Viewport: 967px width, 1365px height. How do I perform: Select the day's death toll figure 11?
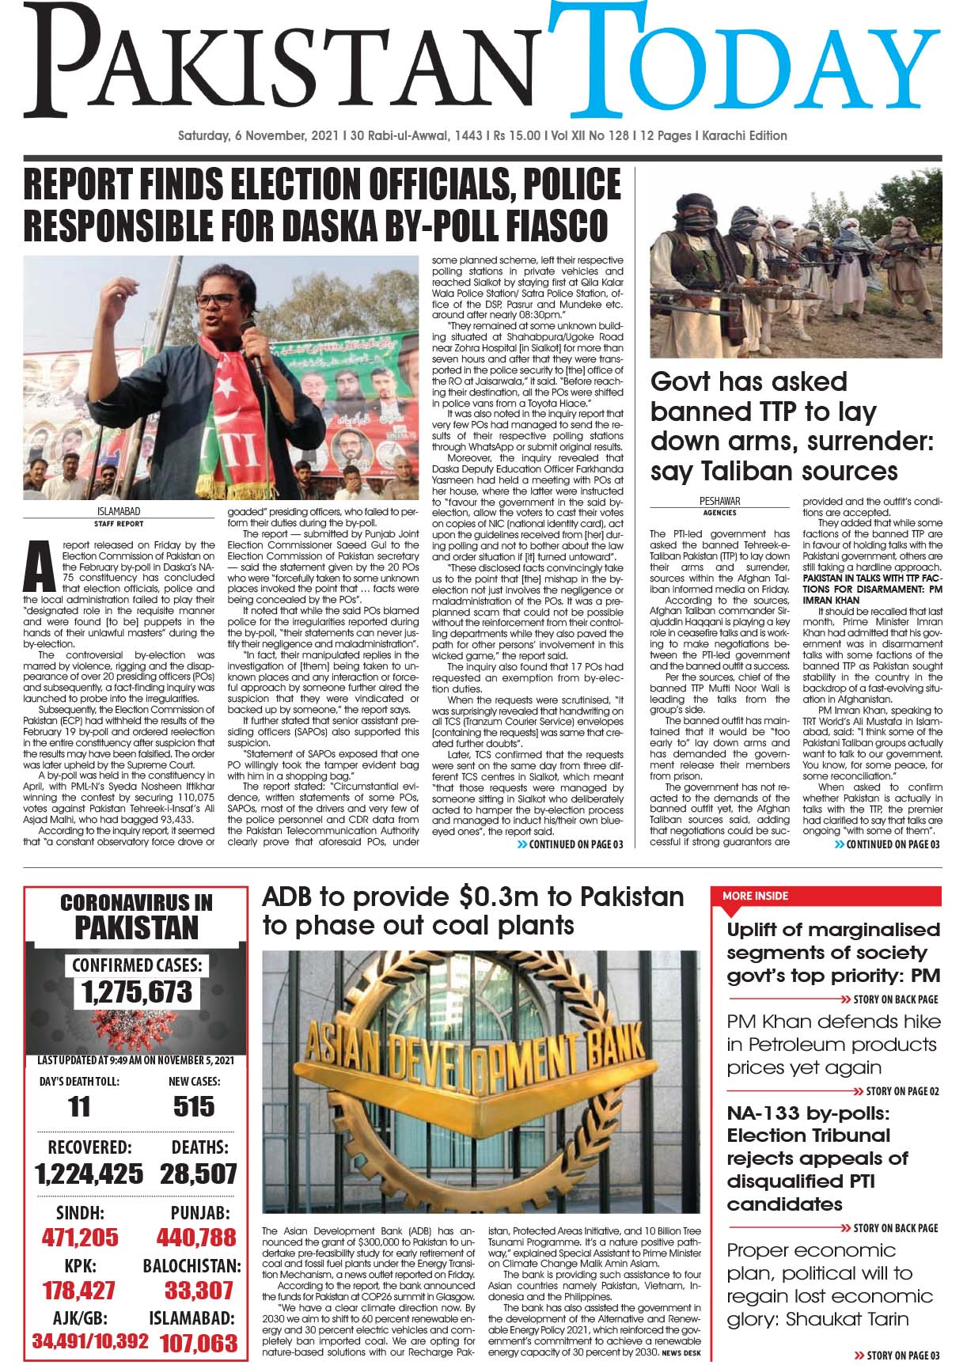(x=79, y=1106)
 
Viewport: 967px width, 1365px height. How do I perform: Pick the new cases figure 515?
(x=194, y=1106)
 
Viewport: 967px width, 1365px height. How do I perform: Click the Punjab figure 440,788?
(x=196, y=1238)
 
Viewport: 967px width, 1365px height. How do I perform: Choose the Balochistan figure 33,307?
(x=199, y=1291)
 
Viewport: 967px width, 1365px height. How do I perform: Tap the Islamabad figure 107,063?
(x=199, y=1343)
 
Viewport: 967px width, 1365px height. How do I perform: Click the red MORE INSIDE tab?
(x=755, y=896)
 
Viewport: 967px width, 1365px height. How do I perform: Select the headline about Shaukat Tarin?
(x=829, y=1284)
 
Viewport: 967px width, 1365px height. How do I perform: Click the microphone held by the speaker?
(x=252, y=348)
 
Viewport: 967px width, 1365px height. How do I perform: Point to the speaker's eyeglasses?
(x=215, y=301)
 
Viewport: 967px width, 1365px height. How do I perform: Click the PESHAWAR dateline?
(x=719, y=501)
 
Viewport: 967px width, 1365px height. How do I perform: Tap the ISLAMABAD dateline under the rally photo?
(x=119, y=512)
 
